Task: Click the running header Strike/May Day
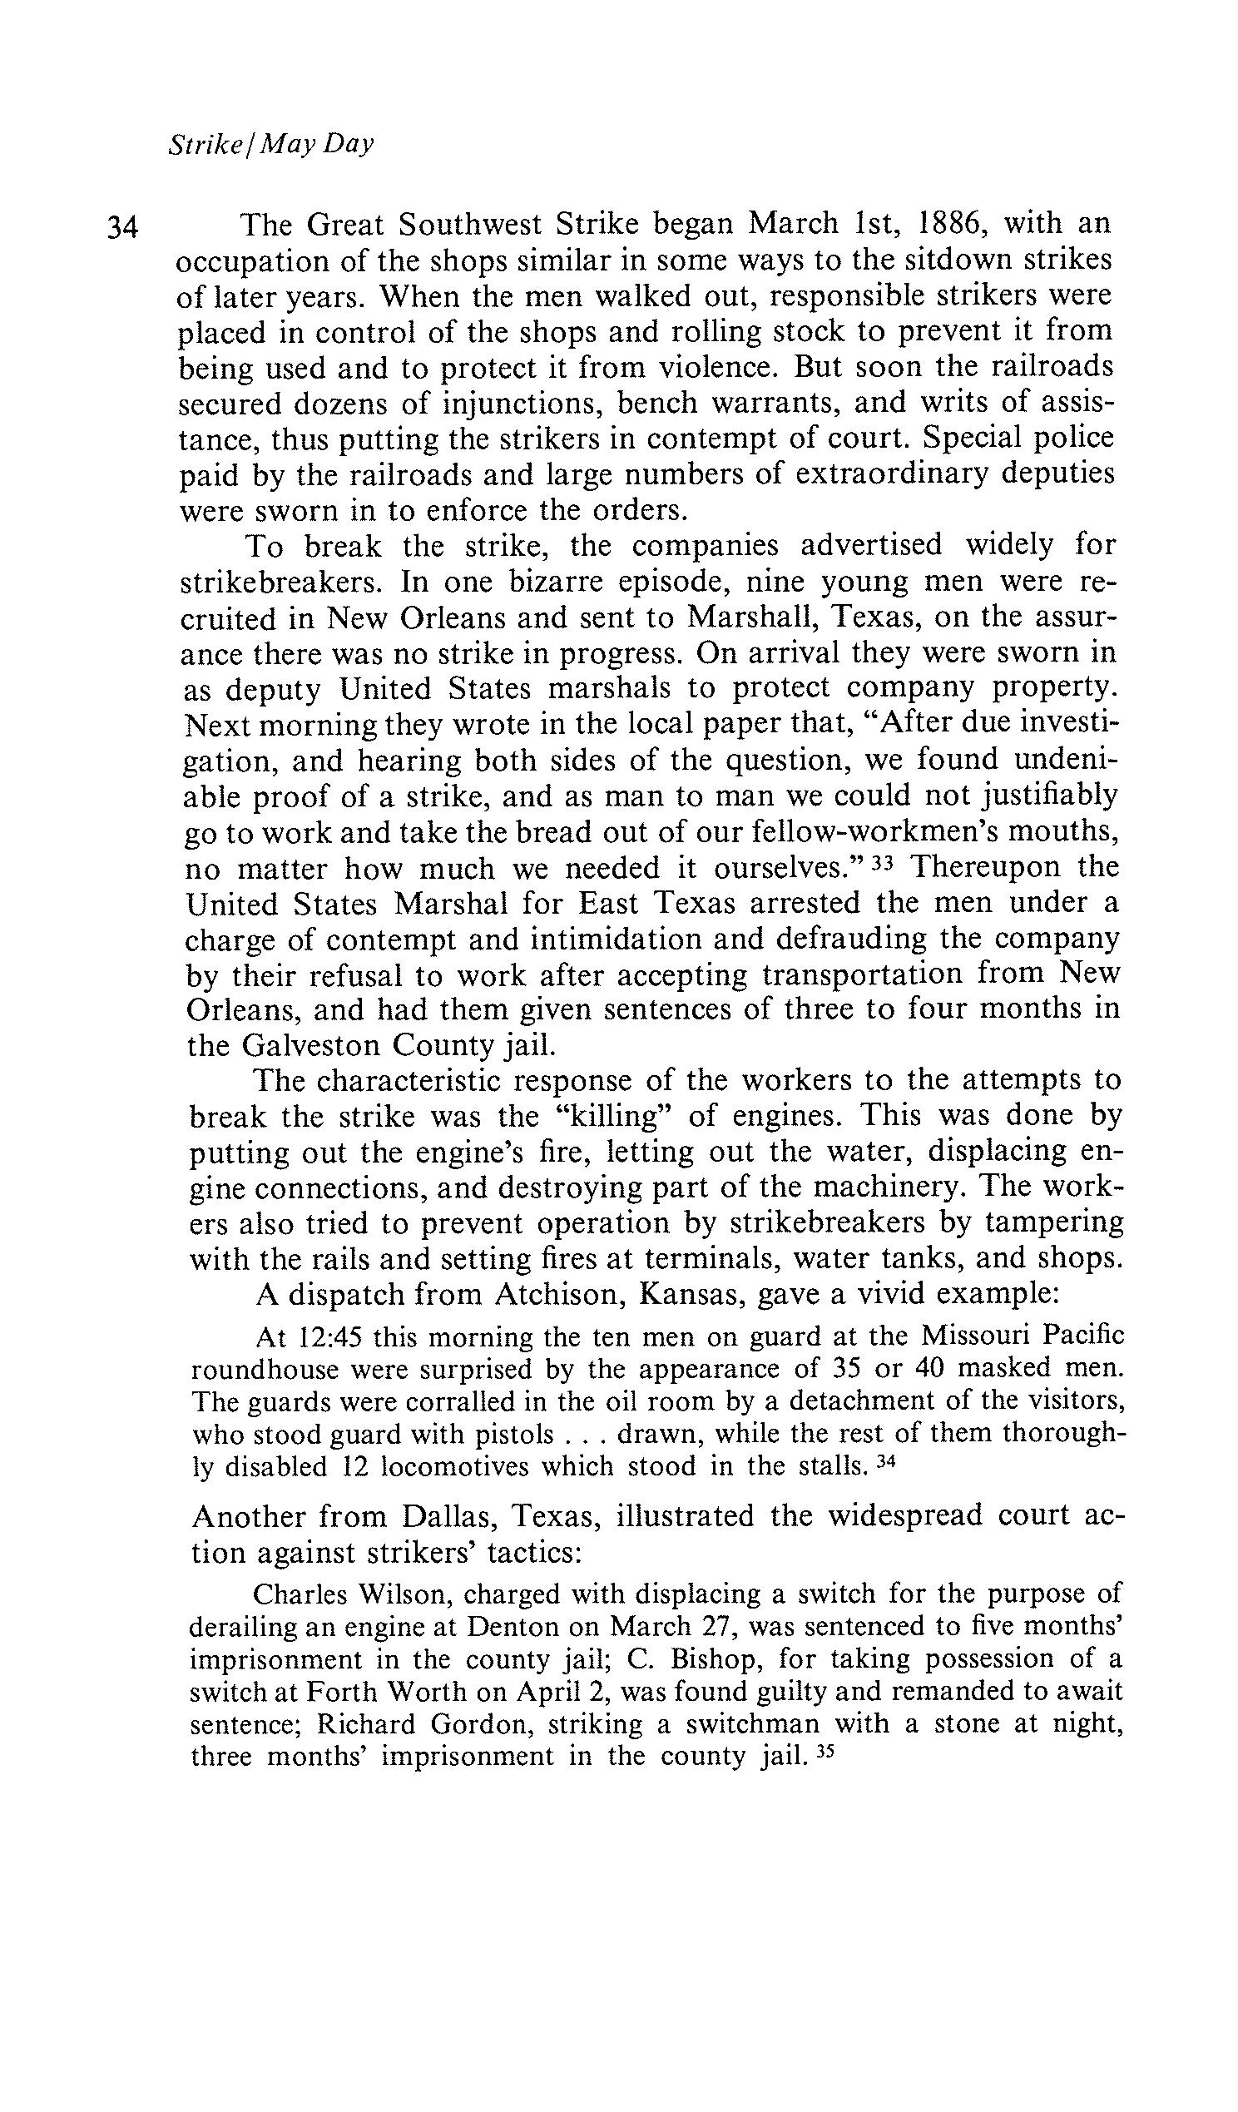(270, 145)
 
